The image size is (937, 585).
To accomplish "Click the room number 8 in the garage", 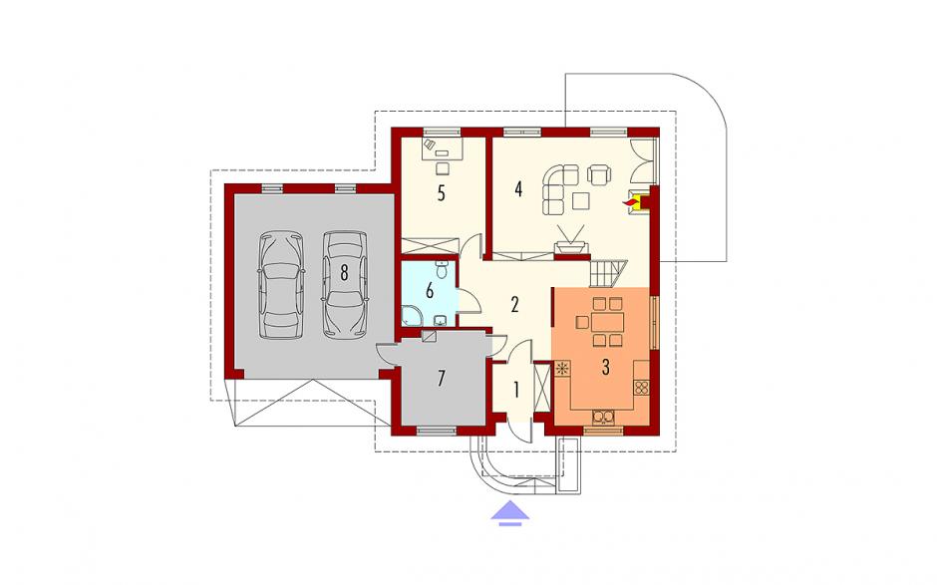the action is click(x=344, y=272).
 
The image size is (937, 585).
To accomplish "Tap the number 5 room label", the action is click(x=441, y=193).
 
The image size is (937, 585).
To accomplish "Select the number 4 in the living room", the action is click(x=518, y=189).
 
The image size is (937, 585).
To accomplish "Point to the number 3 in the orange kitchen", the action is click(x=605, y=367).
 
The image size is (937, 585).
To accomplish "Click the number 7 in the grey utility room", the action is click(x=441, y=379).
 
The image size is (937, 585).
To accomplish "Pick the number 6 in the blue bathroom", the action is click(x=429, y=292).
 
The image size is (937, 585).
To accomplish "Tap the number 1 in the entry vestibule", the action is click(x=515, y=391).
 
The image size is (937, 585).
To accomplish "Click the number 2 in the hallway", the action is click(x=514, y=304).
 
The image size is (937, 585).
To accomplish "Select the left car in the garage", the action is click(x=281, y=285).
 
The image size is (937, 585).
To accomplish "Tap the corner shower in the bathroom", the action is click(x=411, y=316).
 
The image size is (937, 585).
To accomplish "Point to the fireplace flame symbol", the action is click(x=630, y=204).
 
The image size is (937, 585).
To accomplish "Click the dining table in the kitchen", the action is click(x=607, y=323).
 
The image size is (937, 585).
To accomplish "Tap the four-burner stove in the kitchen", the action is click(x=642, y=388).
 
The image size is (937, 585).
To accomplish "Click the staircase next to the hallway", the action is click(x=609, y=273).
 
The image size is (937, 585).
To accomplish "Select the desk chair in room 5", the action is click(x=442, y=167).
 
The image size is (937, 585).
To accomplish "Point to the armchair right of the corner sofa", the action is click(x=599, y=173).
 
